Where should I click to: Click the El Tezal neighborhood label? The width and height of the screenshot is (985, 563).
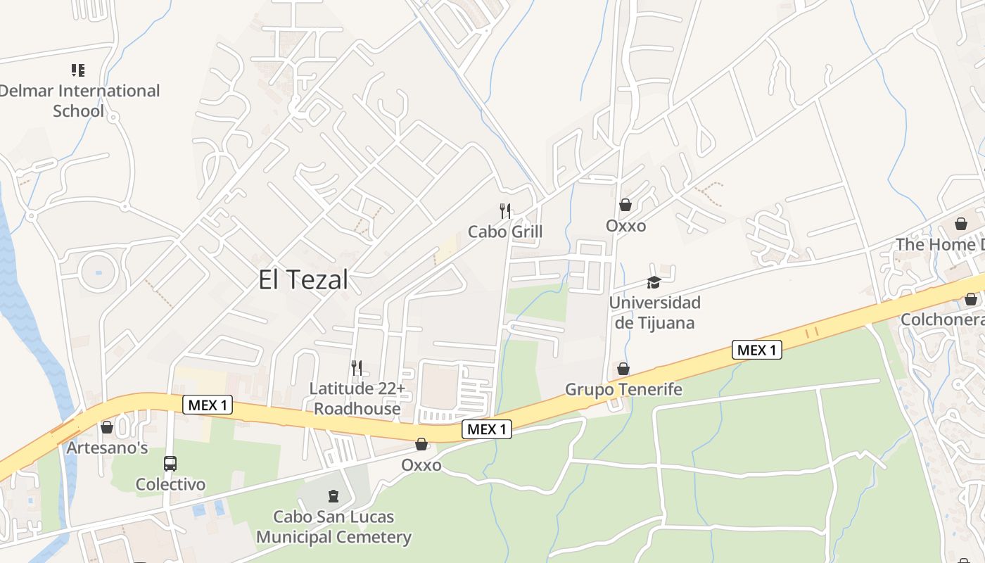click(x=303, y=280)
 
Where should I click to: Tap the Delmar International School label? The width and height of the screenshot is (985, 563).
click(x=79, y=101)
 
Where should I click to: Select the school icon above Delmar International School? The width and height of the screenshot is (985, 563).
click(x=78, y=70)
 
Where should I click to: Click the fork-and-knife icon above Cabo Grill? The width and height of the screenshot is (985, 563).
click(x=505, y=210)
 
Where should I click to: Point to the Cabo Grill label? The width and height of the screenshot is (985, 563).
click(x=505, y=232)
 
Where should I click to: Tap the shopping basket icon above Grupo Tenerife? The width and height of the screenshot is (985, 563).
click(x=623, y=369)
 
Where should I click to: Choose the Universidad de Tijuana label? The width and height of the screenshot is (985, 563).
click(x=654, y=312)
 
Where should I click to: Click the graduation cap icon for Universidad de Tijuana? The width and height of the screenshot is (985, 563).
click(x=654, y=283)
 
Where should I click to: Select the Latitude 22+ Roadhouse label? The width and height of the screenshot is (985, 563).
click(x=357, y=398)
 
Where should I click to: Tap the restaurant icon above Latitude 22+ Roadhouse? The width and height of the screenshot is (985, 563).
click(x=357, y=367)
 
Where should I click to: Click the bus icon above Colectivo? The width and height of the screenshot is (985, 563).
click(x=170, y=464)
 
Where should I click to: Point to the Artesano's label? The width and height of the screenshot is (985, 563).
click(x=107, y=448)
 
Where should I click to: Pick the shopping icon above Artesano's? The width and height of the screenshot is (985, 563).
click(x=107, y=427)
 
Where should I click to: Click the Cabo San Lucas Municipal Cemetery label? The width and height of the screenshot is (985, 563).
click(x=333, y=527)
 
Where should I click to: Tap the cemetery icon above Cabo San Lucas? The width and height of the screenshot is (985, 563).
click(x=333, y=496)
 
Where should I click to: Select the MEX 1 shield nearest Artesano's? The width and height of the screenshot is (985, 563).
click(x=207, y=405)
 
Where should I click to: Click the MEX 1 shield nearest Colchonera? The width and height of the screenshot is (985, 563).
click(x=757, y=350)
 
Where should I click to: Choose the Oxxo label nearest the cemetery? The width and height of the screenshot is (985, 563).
click(x=421, y=465)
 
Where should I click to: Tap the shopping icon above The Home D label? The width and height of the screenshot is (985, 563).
click(x=961, y=224)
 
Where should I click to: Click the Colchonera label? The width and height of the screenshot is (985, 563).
click(x=943, y=320)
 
